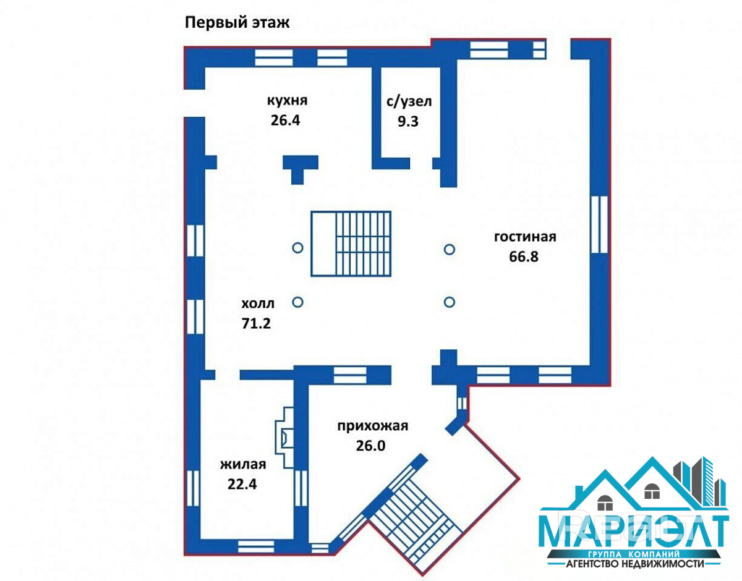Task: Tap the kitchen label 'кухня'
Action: tap(287, 100)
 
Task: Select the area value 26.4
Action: tap(285, 121)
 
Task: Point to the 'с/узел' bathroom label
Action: tap(409, 101)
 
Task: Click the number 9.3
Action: tap(408, 121)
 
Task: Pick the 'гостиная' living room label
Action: tap(525, 237)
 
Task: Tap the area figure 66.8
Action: tap(524, 257)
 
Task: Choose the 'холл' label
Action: tap(258, 303)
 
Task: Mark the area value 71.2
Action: tap(256, 323)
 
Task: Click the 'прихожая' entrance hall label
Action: tap(372, 426)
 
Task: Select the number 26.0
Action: tap(370, 446)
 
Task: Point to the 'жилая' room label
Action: tap(243, 464)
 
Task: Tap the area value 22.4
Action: tap(242, 484)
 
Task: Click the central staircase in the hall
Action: tap(351, 244)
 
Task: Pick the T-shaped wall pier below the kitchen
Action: tap(300, 169)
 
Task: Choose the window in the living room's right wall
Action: tap(599, 224)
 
